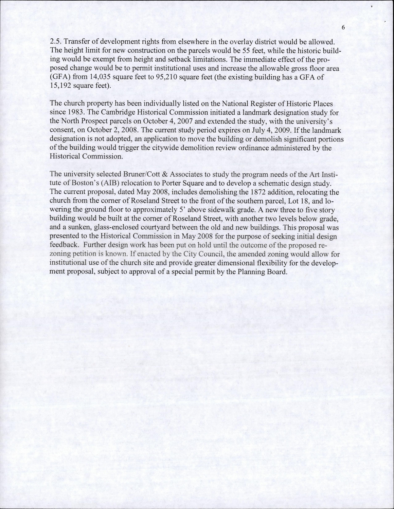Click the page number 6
343,27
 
